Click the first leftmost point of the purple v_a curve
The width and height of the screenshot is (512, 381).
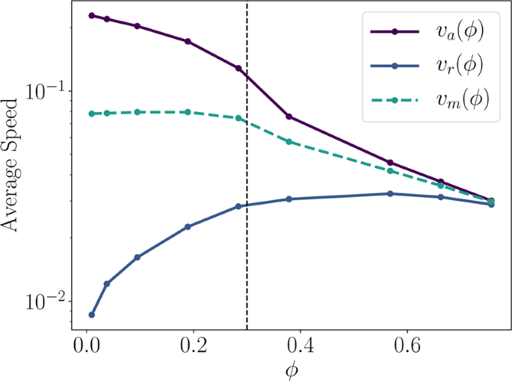pyautogui.click(x=91, y=15)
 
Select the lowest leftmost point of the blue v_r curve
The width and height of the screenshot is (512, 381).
pyautogui.click(x=91, y=315)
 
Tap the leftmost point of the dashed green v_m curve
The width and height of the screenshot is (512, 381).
pyautogui.click(x=91, y=114)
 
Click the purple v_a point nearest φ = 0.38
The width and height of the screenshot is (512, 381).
pyautogui.click(x=289, y=117)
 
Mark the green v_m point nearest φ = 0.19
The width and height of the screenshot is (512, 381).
pyautogui.click(x=188, y=112)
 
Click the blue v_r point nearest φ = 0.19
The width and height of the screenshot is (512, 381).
pyautogui.click(x=188, y=226)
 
